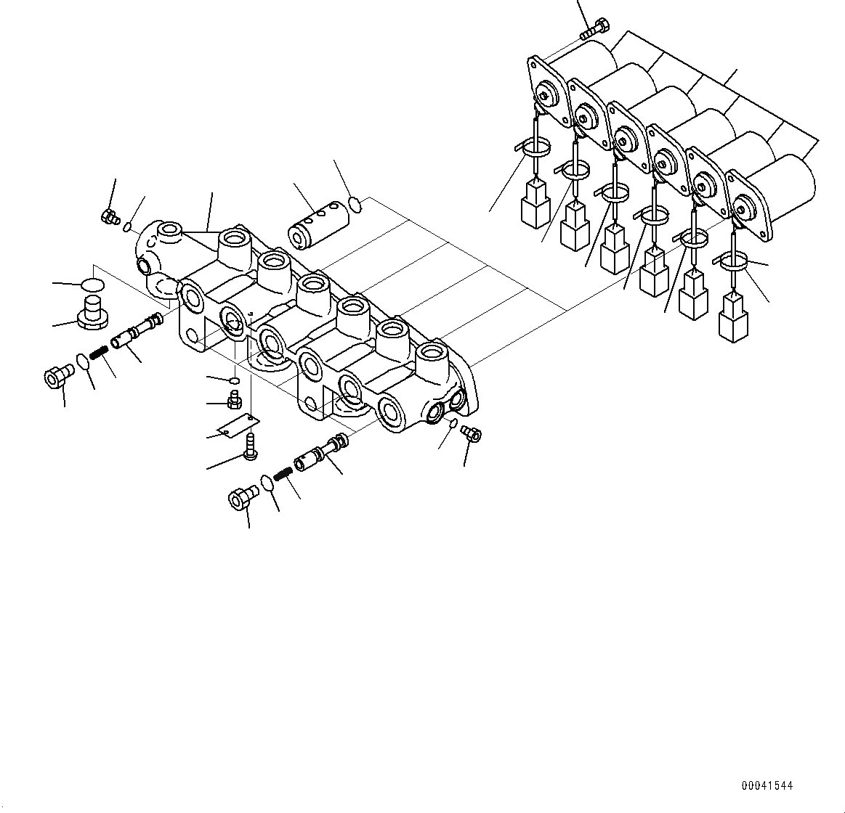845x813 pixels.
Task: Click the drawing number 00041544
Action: tap(767, 785)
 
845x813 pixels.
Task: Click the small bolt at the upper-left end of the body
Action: tap(110, 216)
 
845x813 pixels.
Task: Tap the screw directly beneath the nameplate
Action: tap(251, 445)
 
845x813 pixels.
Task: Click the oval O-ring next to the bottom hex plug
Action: tap(267, 483)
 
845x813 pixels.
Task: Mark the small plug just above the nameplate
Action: tap(234, 400)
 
